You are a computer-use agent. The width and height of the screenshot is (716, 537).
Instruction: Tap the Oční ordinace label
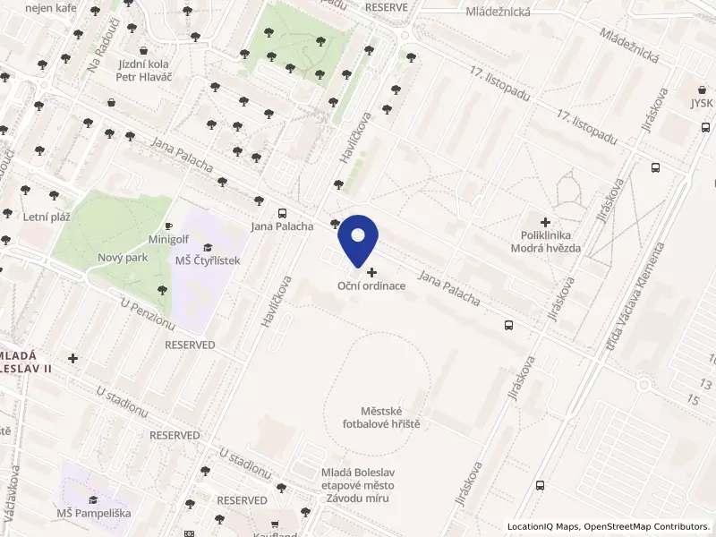(x=371, y=286)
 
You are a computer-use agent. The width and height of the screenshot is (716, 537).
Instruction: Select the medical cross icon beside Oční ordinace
(x=371, y=271)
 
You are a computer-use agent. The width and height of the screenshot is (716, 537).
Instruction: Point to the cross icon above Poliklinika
(x=545, y=222)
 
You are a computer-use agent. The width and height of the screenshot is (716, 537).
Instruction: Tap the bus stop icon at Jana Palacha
(x=283, y=213)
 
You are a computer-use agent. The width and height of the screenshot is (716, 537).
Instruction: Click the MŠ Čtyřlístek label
(x=208, y=260)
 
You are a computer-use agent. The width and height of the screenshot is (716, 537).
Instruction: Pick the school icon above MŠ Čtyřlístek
(x=208, y=247)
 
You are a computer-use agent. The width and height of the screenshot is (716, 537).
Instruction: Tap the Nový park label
(x=123, y=258)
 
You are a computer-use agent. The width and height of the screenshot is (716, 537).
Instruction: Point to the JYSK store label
(x=702, y=102)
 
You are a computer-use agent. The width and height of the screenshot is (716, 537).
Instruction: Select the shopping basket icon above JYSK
(x=703, y=89)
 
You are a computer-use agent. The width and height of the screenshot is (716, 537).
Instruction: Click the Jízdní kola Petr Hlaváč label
(x=149, y=71)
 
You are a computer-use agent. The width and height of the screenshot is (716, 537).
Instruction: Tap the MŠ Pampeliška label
(x=93, y=513)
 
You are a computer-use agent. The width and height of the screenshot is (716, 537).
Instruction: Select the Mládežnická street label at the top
(x=499, y=13)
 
